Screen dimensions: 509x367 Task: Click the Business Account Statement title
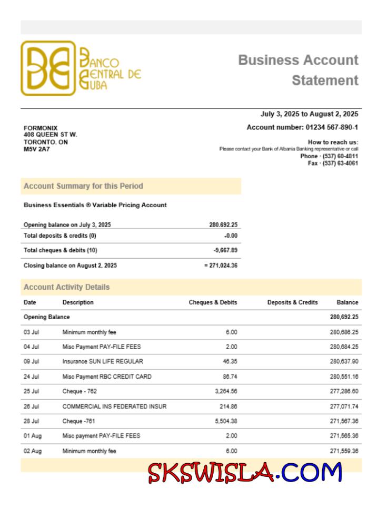(298, 70)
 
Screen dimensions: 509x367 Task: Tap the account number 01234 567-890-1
(332, 127)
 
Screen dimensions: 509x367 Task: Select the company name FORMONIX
(41, 128)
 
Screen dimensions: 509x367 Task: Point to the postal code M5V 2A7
(37, 149)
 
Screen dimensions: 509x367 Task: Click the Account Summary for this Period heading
(83, 186)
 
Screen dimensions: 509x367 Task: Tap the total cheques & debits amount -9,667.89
(225, 250)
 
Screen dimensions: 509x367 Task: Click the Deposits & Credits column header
(292, 302)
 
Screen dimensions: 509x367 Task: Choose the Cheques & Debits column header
(213, 302)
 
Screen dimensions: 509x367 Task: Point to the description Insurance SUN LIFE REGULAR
(103, 362)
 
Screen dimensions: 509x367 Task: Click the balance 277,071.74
(344, 406)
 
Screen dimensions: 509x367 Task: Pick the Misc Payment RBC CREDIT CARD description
(107, 376)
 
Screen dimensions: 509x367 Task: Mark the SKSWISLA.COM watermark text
(245, 472)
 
